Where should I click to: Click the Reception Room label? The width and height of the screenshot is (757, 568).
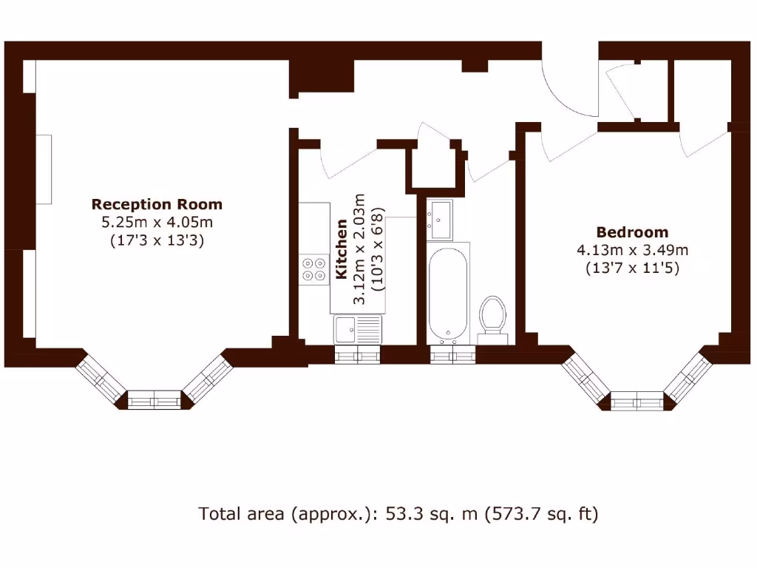pos(156,204)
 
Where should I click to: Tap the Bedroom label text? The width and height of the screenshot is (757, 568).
pos(632,232)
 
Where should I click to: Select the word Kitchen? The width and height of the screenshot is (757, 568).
pos(342,249)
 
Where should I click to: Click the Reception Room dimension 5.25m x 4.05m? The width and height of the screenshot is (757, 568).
pos(156,222)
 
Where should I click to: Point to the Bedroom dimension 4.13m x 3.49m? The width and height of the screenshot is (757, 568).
pos(632,250)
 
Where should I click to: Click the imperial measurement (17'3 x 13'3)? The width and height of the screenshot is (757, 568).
pos(156,240)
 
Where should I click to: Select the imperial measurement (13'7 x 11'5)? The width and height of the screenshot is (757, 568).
pos(632,268)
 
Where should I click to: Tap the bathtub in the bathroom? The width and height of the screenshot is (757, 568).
pos(448,294)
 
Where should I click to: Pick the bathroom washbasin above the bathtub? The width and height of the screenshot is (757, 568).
pos(441,220)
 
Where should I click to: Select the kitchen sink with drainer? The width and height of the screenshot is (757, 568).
pos(357,329)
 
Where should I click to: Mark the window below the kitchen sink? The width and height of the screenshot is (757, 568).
pos(358,355)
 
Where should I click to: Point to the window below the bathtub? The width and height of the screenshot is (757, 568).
pos(452,355)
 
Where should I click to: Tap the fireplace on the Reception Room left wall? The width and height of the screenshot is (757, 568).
pos(44,170)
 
